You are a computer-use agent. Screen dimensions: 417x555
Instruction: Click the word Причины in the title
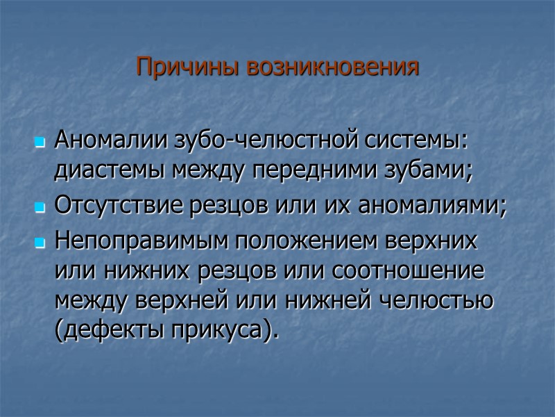pyautogui.click(x=178, y=67)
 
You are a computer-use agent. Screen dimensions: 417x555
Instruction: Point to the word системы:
pyautogui.click(x=417, y=140)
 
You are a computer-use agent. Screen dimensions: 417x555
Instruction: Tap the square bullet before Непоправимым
pyautogui.click(x=40, y=243)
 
